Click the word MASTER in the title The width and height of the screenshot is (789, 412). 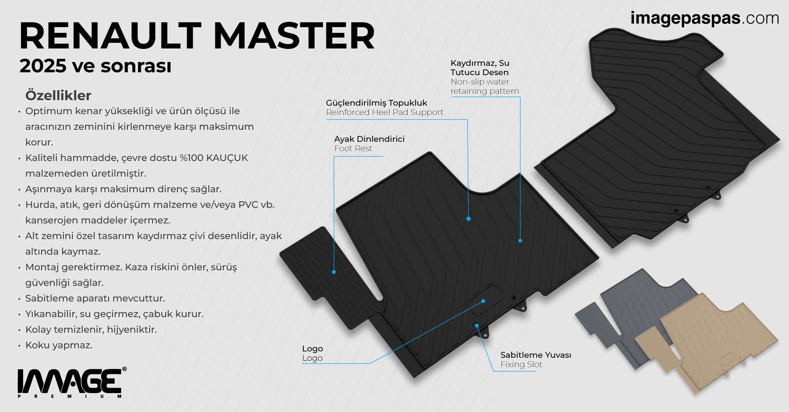pyautogui.click(x=294, y=36)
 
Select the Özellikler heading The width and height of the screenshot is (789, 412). pyautogui.click(x=58, y=95)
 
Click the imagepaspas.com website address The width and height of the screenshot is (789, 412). pyautogui.click(x=704, y=18)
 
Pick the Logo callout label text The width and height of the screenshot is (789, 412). pyautogui.click(x=312, y=353)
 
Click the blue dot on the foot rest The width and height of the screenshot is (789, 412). pyautogui.click(x=334, y=272)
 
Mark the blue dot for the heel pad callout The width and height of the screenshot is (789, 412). pyautogui.click(x=468, y=219)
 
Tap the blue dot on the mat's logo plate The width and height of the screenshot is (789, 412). pyautogui.click(x=483, y=301)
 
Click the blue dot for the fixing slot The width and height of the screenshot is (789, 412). pyautogui.click(x=477, y=325)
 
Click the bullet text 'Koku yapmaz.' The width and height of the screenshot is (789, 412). pyautogui.click(x=59, y=345)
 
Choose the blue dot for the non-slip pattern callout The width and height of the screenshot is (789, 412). pyautogui.click(x=520, y=241)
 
